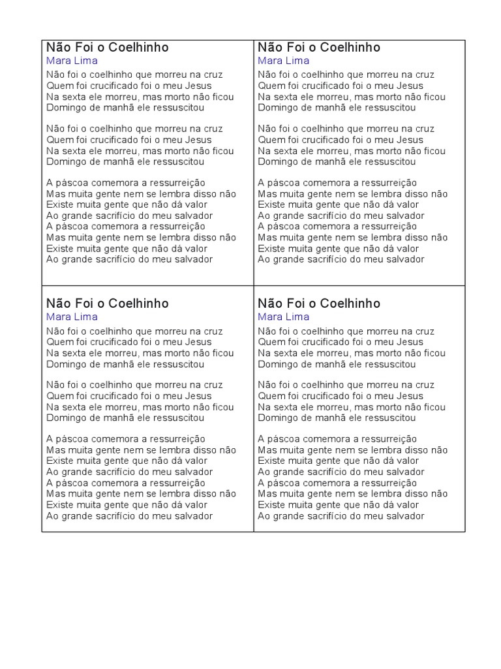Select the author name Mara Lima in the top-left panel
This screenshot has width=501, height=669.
pos(72,61)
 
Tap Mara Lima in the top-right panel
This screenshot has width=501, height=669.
pos(283,61)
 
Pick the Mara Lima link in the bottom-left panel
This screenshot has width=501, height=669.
pos(72,317)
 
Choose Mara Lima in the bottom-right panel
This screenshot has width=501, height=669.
pos(283,317)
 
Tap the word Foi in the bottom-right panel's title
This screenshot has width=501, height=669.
pos(296,303)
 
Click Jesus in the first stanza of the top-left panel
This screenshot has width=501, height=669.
pos(198,86)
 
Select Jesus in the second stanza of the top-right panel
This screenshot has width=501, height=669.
pos(410,140)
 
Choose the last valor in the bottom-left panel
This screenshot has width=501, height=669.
pos(195,505)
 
